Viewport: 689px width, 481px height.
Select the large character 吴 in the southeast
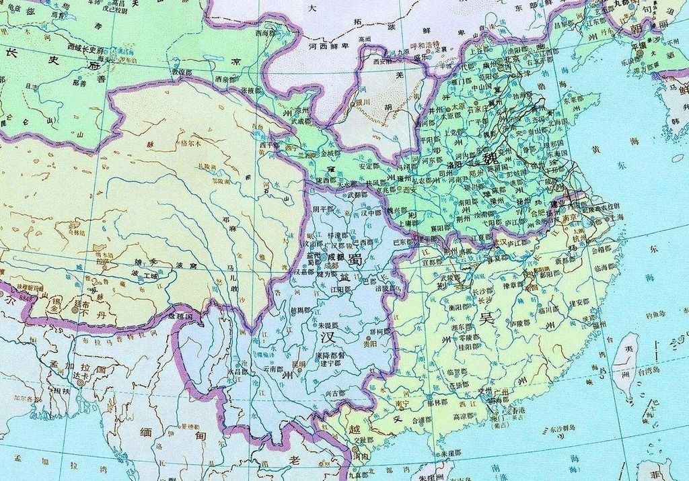(x=486, y=318)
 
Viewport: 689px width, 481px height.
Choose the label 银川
(x=362, y=102)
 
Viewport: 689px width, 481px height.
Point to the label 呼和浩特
(x=429, y=44)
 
